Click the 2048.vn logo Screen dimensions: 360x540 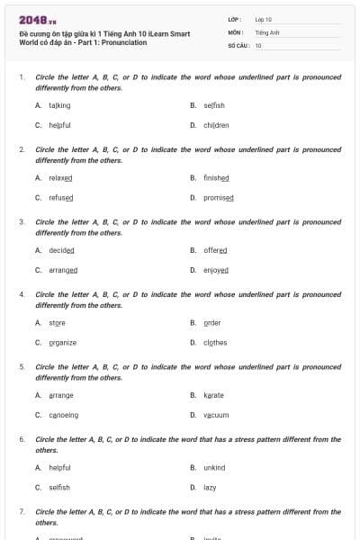coord(37,20)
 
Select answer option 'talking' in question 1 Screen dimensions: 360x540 coord(59,105)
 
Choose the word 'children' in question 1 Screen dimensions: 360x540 coord(216,125)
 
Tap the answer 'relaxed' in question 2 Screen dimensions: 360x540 coord(60,178)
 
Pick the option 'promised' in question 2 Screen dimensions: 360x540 coord(219,197)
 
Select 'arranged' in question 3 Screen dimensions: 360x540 coord(63,269)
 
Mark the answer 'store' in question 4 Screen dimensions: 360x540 coord(57,323)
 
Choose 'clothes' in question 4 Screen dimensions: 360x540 coord(215,342)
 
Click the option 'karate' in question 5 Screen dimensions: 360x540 coord(213,395)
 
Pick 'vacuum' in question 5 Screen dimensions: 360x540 coord(216,415)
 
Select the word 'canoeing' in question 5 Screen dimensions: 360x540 coord(64,415)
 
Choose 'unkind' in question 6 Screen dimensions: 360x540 coord(214,468)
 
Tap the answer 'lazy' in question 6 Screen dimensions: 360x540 coord(210,487)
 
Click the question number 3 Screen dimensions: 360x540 coord(22,221)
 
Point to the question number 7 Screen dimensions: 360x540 coord(22,511)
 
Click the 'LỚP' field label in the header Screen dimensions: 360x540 coord(234,18)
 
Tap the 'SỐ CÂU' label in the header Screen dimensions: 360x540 coord(238,44)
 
